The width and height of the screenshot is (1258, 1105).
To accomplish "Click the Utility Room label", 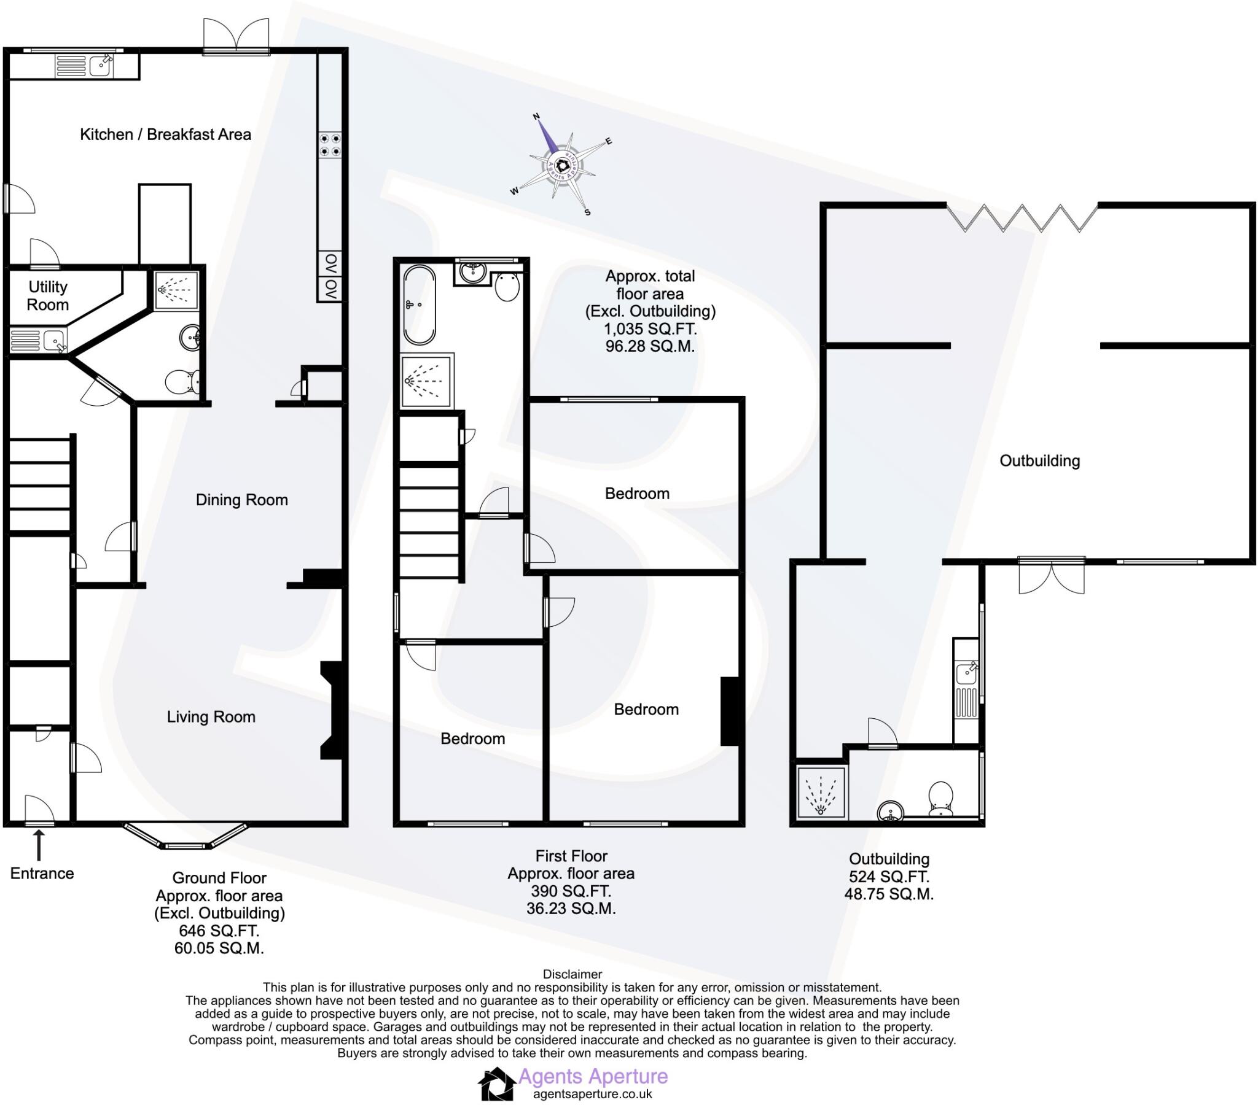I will tap(47, 296).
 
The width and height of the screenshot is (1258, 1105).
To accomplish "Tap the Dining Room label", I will tap(241, 500).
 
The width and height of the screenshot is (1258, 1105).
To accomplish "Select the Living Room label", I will tap(211, 717).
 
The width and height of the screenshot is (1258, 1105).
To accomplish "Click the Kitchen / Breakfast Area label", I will tap(166, 134).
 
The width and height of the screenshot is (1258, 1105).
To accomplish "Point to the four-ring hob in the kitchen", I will tap(330, 145).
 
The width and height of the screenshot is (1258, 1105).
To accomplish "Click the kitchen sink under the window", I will tap(100, 66).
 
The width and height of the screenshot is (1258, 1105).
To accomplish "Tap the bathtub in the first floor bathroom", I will tap(419, 304).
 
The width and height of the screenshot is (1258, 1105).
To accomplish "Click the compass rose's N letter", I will tap(536, 116).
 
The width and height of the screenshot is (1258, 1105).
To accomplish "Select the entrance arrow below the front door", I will tap(39, 845).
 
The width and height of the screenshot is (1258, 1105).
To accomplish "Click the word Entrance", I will tap(42, 874).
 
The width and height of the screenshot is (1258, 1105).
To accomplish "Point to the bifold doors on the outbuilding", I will tap(1021, 219).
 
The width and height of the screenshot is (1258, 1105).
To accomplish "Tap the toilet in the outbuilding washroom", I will tap(940, 798).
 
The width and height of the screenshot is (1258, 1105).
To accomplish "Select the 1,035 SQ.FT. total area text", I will tap(650, 328).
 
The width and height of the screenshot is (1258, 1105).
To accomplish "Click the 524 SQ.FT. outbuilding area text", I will tap(889, 877).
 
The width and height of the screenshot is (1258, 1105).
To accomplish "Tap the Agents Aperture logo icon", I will tap(497, 1085).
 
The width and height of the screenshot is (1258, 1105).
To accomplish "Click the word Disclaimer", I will tap(572, 974).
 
